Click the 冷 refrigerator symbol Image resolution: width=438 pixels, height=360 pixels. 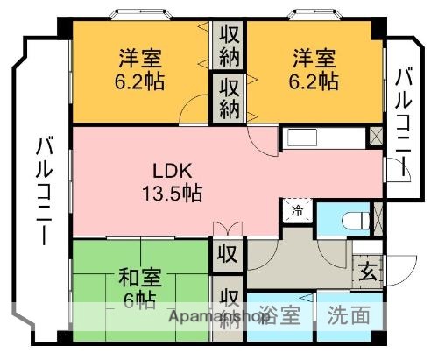point(296,210)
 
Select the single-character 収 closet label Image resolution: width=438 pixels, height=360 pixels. point(227,256)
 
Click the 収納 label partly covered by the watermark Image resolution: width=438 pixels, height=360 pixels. point(229,307)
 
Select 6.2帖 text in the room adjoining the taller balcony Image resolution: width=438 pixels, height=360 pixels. point(141,81)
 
